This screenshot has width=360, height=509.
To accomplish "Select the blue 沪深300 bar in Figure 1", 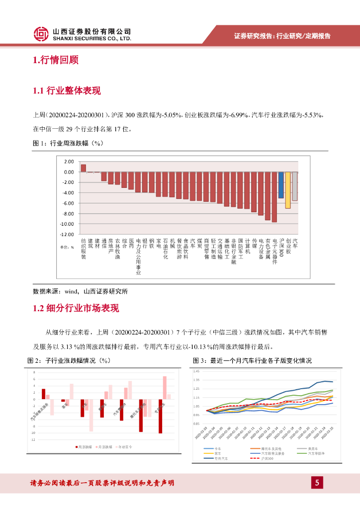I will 281,184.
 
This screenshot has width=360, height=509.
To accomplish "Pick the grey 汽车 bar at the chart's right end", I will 295,186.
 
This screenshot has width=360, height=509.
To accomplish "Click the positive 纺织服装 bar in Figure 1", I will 84,168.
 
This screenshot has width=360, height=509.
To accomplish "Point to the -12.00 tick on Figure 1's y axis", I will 67,234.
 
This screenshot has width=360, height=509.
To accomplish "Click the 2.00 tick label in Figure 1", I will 69,162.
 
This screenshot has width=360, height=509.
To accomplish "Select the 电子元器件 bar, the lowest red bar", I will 274,197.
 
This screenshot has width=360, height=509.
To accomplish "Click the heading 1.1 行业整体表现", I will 67,91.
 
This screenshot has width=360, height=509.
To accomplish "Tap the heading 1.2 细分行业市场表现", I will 76,308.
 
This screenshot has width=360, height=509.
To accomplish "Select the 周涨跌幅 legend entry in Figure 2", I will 85,447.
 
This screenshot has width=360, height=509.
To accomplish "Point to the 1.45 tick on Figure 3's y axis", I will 196,371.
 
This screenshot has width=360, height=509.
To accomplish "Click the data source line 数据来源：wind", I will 80,291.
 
